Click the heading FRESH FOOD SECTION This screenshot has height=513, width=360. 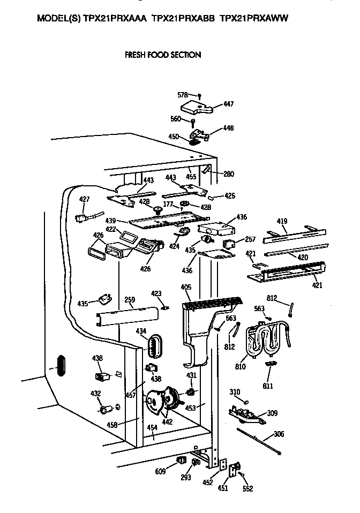162,55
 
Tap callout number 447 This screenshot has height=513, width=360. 229,104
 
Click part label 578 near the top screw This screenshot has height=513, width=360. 183,95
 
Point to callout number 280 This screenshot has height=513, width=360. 229,174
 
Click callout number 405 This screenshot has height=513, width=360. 186,288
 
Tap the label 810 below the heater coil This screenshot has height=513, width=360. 240,367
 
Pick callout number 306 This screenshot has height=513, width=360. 279,434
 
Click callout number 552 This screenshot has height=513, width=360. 247,488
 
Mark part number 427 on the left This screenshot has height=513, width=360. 84,199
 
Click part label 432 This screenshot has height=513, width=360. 95,394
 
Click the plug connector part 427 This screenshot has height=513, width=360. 84,217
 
